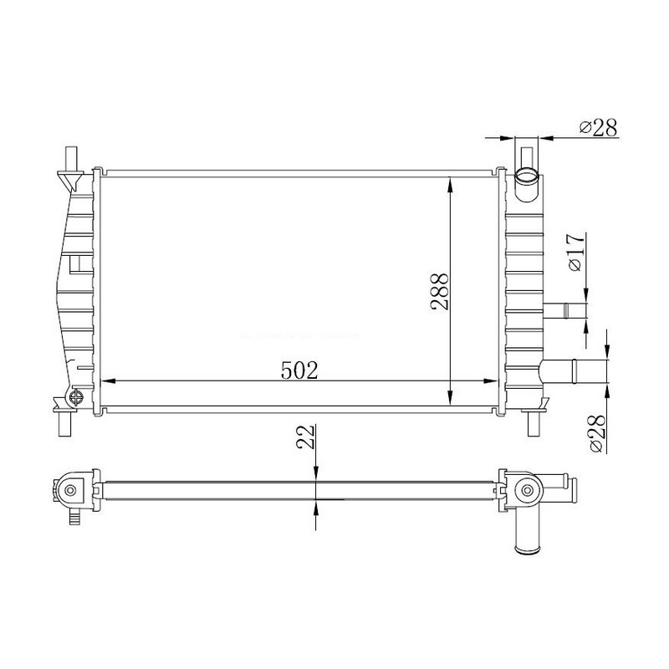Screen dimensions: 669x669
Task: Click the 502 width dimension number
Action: point(299,370)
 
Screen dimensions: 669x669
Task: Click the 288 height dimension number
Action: point(440,291)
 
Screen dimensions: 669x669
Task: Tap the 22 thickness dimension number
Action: point(305,437)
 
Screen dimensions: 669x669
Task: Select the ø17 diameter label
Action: point(575,253)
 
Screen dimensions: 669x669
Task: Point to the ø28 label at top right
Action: point(598,127)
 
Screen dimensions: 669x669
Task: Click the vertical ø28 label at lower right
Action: point(597,433)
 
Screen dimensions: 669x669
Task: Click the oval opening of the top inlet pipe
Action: point(527,176)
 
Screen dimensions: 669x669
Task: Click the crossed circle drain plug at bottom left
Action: point(76,398)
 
